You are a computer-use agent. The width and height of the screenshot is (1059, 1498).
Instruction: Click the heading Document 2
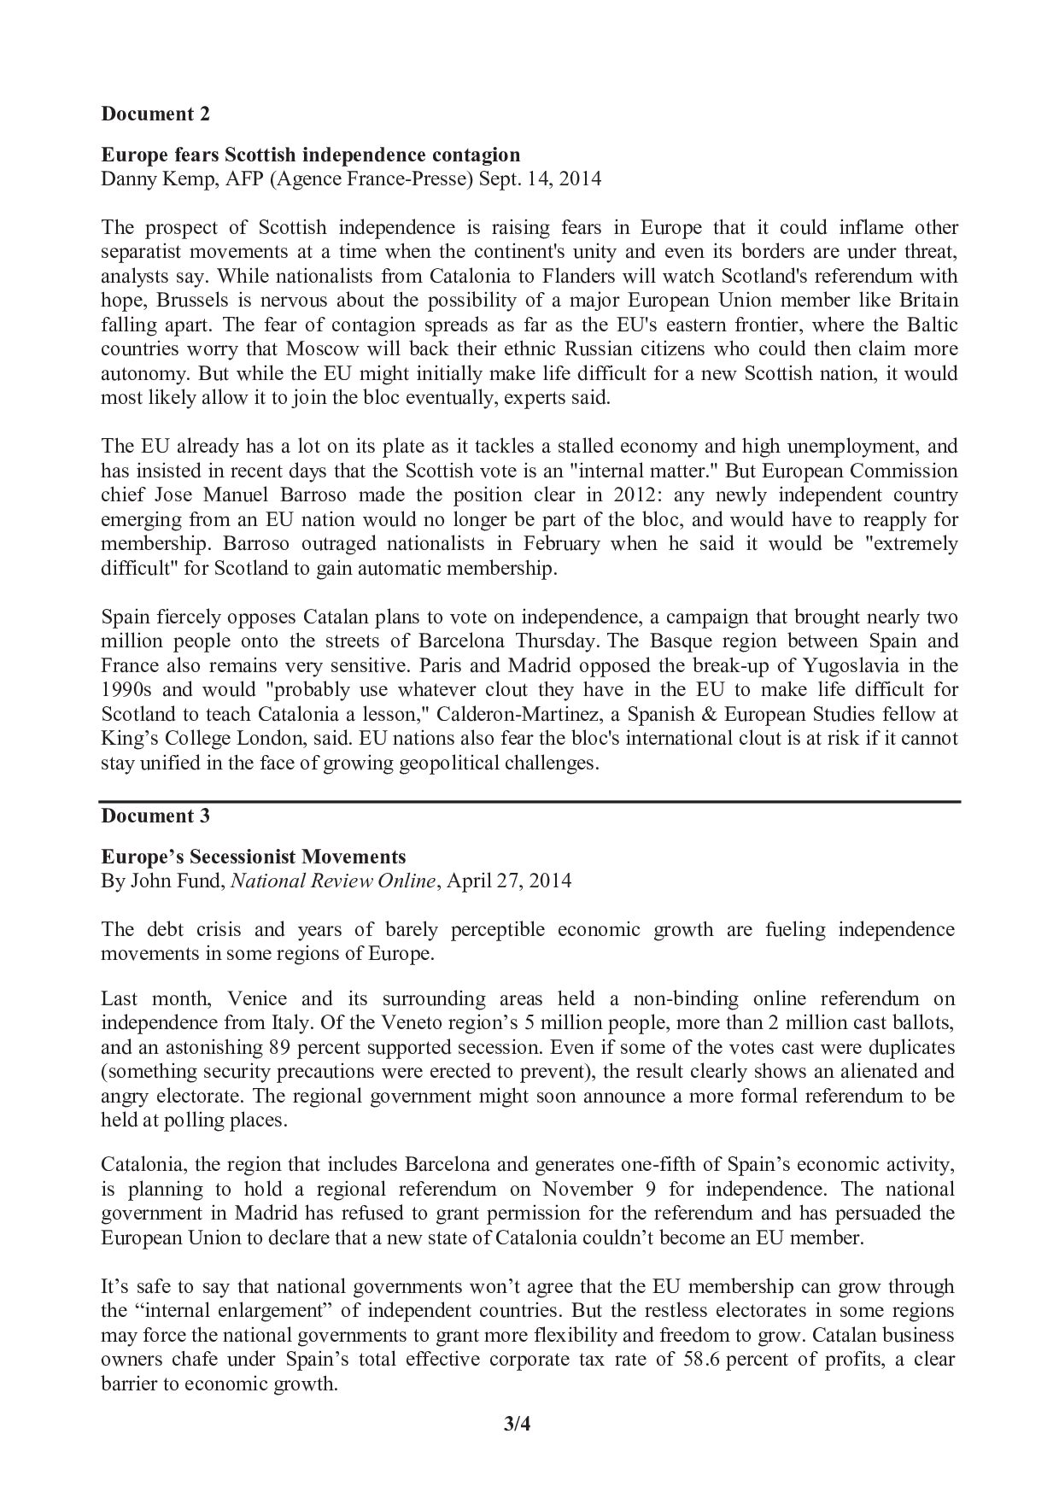(x=155, y=114)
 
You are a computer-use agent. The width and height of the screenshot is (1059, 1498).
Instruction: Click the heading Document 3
(x=155, y=816)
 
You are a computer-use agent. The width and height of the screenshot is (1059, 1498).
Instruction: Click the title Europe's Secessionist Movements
(x=254, y=857)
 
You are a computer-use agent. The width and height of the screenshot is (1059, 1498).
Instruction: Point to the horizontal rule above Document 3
(x=529, y=802)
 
